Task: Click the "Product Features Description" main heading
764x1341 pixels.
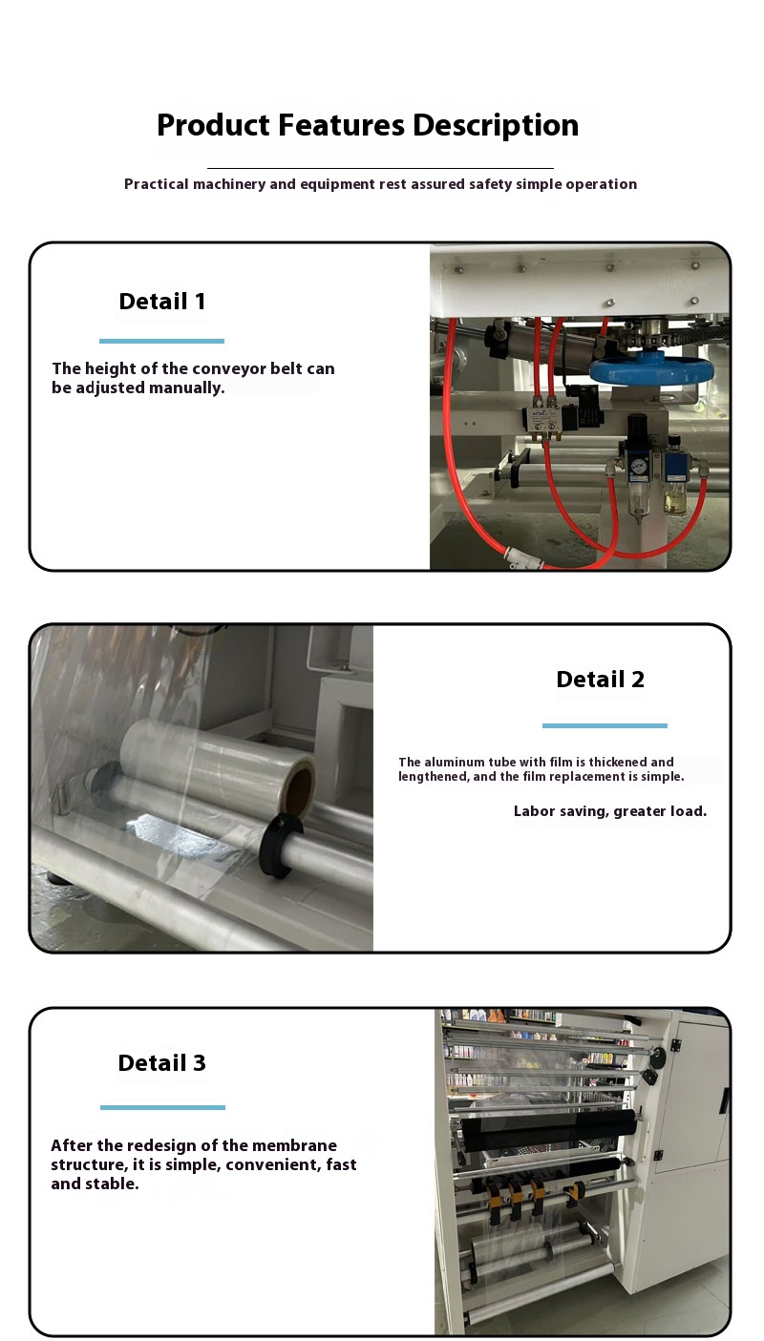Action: (x=368, y=125)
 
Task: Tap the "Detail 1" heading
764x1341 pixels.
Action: (x=162, y=301)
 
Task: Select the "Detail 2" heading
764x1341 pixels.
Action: (x=601, y=679)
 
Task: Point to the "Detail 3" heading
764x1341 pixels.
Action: (x=161, y=1062)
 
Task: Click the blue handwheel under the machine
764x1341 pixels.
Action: (x=652, y=368)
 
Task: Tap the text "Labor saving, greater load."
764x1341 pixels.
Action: (x=610, y=811)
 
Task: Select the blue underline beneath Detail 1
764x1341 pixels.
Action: (x=161, y=342)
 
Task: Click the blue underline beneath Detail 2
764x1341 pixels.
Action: (x=605, y=725)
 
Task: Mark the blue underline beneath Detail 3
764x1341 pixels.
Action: (x=162, y=1107)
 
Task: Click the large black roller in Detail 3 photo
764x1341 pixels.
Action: (x=549, y=1131)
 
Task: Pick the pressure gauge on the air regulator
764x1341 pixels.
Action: (x=639, y=465)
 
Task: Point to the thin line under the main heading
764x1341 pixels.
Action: (x=380, y=168)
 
